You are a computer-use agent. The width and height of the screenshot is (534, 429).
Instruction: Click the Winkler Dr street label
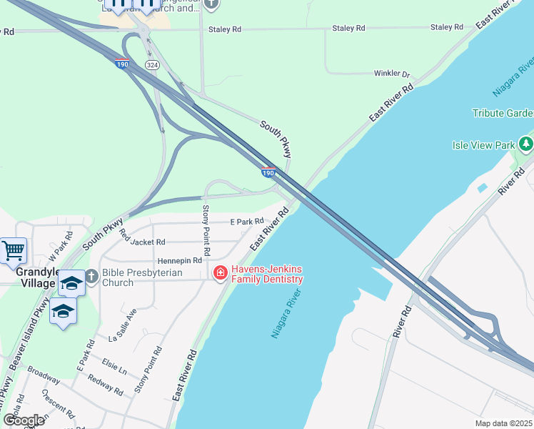[x=392, y=74]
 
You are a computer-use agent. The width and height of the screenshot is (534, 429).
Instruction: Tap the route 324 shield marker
[x=151, y=64]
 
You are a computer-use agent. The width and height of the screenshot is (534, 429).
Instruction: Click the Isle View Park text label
[x=483, y=145]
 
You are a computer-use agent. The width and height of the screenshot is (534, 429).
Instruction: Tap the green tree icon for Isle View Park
[x=526, y=144]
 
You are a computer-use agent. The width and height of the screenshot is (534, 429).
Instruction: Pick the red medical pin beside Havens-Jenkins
[x=220, y=273]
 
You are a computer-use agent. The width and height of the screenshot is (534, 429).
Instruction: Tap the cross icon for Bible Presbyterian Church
[x=91, y=276]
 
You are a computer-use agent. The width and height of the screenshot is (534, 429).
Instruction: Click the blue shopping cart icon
[x=13, y=251]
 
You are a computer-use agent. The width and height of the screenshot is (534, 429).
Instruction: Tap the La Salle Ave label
[x=122, y=325]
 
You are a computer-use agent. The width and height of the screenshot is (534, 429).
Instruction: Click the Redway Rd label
[x=104, y=385]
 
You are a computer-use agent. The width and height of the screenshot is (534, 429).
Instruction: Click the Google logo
[x=24, y=420]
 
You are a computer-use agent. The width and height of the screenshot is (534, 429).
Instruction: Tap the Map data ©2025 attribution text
[x=503, y=423]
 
